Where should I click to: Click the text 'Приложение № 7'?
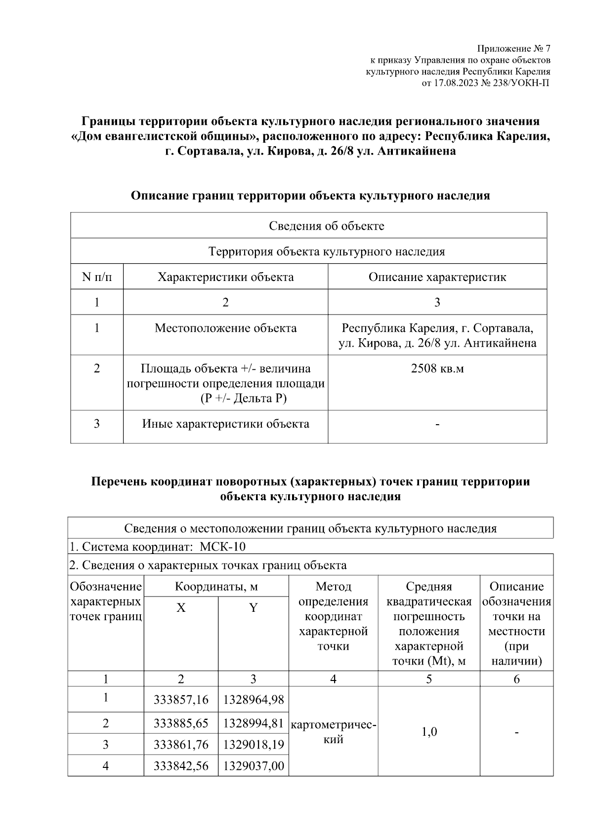[513, 49]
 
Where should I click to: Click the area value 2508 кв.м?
[437, 368]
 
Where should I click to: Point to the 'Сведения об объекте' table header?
[326, 226]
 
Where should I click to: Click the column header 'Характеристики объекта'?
[225, 277]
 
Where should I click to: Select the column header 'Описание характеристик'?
[437, 277]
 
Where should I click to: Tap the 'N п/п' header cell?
[97, 277]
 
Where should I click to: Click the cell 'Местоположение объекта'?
[225, 328]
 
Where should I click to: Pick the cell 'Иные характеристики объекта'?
[225, 424]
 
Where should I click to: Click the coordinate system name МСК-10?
[222, 547]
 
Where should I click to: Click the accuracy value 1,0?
[429, 732]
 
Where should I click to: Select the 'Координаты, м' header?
[216, 587]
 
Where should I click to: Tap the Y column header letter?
[253, 608]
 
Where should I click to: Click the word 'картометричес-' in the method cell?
[334, 725]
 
